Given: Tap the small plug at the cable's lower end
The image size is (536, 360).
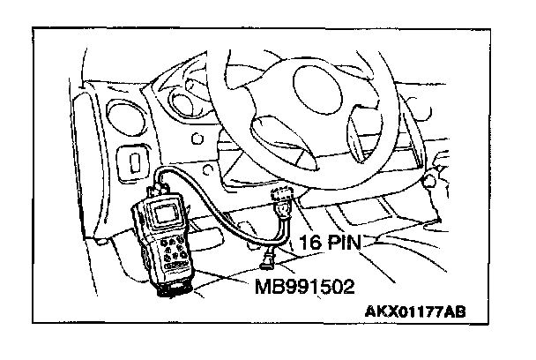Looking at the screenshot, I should click(x=267, y=258).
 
